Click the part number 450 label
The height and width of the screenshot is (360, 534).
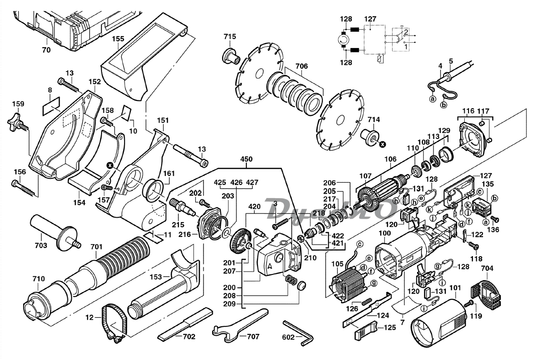tap(248, 159)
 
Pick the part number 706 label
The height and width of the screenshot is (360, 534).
tap(301, 66)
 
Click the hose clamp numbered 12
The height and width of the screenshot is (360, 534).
tap(114, 322)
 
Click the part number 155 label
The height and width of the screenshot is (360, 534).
tap(118, 39)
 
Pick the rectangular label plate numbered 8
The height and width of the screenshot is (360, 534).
tap(51, 105)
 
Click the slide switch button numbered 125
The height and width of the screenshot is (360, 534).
tap(366, 329)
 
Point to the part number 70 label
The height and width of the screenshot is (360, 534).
tap(46, 50)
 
